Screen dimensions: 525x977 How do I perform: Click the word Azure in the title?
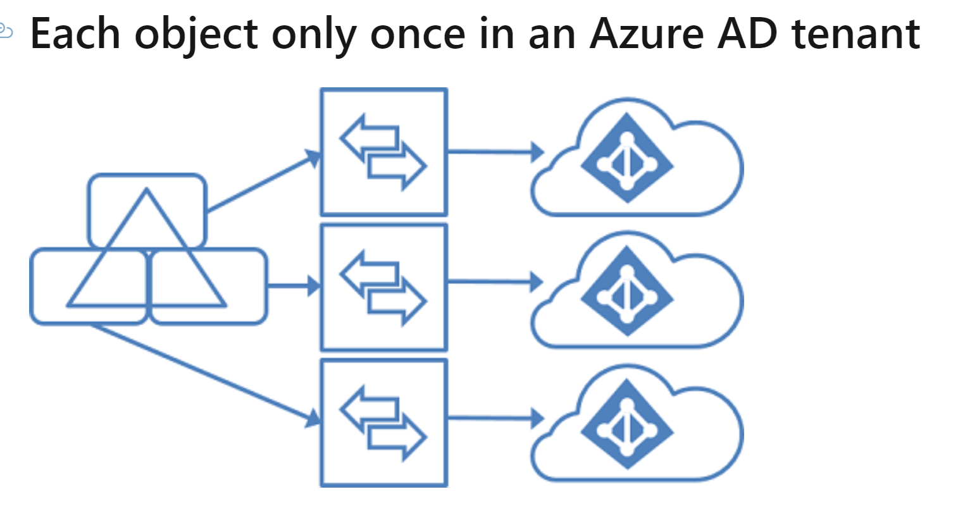click(x=646, y=34)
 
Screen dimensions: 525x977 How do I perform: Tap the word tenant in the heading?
click(x=856, y=34)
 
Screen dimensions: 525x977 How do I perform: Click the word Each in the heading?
click(x=75, y=34)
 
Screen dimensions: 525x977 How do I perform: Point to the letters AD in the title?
click(x=747, y=34)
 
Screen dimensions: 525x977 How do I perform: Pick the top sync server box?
click(x=383, y=152)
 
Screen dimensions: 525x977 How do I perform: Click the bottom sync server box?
click(x=383, y=423)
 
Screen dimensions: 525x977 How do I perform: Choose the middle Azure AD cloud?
click(x=636, y=292)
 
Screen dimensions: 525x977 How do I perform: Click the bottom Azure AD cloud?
click(x=636, y=426)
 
